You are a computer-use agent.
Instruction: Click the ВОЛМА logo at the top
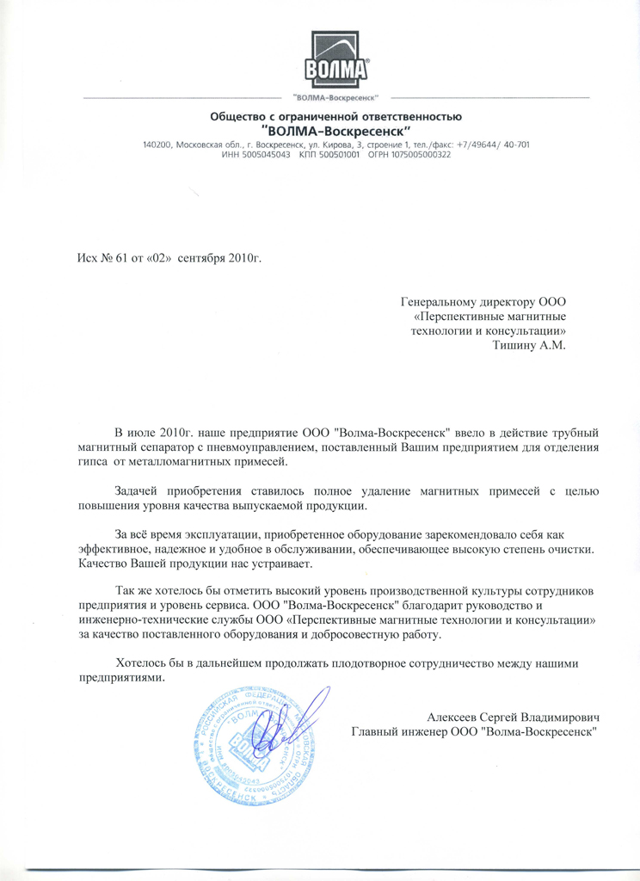(337, 58)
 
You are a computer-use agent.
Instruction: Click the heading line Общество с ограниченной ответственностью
(336, 116)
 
